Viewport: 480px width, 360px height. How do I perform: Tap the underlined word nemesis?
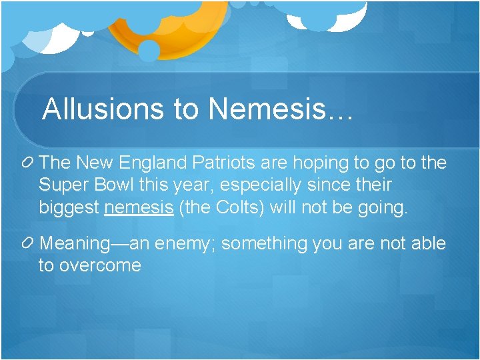click(139, 207)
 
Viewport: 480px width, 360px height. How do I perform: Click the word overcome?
click(100, 266)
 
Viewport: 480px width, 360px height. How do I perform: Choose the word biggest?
click(69, 208)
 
